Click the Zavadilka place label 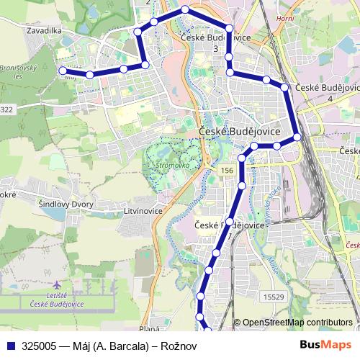tap(41, 31)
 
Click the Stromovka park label tap(171, 165)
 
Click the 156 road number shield tap(227, 169)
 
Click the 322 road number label tap(7, 109)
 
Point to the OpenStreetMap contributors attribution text tap(296, 323)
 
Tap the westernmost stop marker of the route tap(63, 71)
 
